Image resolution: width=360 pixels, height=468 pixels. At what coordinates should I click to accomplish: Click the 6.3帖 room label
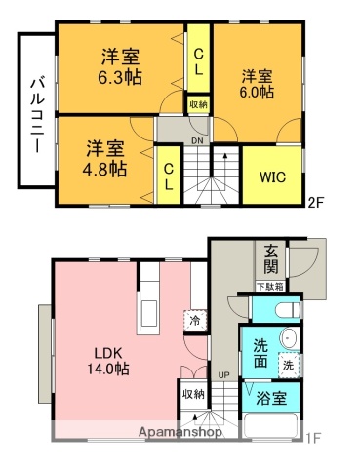tap(118, 66)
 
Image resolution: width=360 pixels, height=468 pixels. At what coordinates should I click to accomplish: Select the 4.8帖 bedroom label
tap(105, 158)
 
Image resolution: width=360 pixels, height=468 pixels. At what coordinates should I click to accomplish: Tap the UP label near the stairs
tap(223, 374)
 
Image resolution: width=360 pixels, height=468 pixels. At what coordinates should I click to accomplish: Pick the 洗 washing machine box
tap(288, 364)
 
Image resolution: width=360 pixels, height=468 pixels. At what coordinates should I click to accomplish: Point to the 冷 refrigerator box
tap(193, 320)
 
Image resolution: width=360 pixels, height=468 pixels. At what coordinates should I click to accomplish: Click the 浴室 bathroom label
tap(271, 399)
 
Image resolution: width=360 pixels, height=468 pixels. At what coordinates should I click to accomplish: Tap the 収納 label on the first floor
tap(192, 393)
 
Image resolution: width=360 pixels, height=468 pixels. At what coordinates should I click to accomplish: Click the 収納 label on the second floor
tap(198, 103)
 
